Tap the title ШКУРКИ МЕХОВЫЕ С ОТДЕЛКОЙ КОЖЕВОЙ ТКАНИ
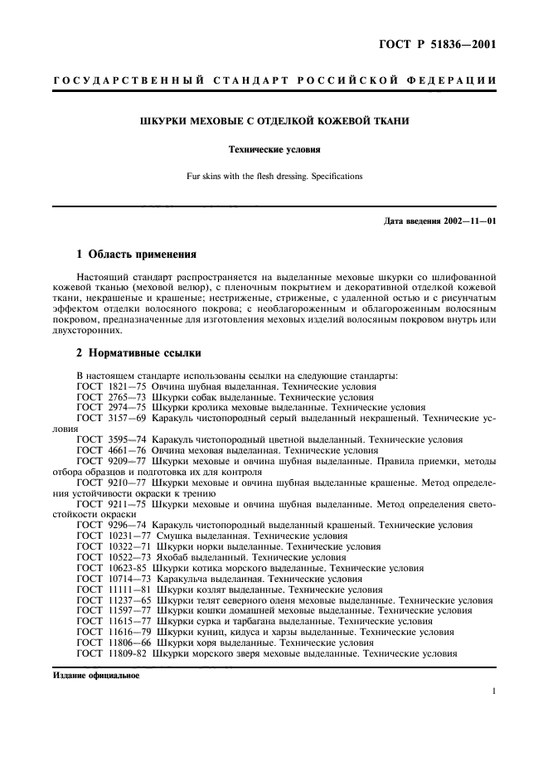pos(274,122)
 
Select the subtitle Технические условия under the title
pos(274,150)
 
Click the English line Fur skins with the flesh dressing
pos(274,176)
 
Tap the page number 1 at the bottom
pos(493,691)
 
